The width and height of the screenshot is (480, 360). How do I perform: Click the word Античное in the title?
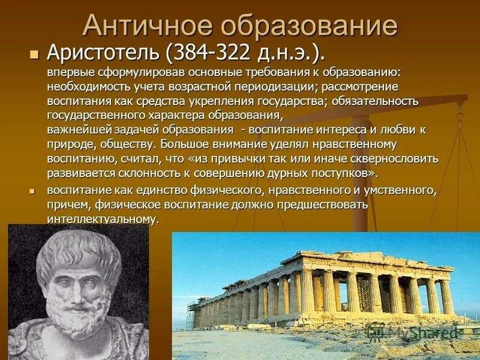pos(146,26)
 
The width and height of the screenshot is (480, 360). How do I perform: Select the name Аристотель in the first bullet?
pos(106,53)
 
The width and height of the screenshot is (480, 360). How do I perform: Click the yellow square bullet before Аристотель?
pos(34,53)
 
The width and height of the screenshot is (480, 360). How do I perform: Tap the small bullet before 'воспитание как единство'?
pos(34,190)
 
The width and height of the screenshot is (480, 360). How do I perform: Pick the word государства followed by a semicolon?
pos(290,101)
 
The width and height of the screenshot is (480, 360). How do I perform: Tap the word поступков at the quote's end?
pos(344,173)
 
